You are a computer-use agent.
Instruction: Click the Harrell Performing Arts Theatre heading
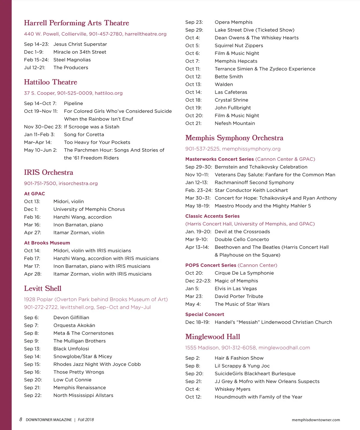tap(76, 23)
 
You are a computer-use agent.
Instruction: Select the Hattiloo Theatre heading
tap(50, 82)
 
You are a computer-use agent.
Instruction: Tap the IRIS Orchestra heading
tap(48, 173)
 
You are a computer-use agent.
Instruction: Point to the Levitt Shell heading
tap(43, 289)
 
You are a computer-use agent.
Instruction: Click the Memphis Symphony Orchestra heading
tap(234, 138)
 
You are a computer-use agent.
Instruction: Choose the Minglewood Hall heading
tap(213, 337)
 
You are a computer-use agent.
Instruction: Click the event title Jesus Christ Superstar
tap(80, 44)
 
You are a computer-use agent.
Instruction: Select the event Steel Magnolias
tap(72, 60)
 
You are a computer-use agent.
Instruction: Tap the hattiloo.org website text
tap(108, 93)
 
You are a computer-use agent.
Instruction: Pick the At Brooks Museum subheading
tap(47, 243)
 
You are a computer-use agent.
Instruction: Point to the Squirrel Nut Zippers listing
tap(239, 45)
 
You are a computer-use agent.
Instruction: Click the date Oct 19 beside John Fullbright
tap(193, 108)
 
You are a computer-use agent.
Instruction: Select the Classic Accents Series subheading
tap(212, 216)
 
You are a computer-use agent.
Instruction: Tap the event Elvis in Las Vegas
tap(236, 288)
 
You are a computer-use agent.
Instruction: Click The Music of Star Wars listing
tap(242, 304)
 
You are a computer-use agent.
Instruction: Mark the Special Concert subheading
tap(204, 314)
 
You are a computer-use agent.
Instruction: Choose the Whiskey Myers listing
tap(232, 389)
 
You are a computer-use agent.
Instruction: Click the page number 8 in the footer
tap(21, 419)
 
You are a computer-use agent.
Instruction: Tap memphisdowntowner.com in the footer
tap(316, 420)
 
